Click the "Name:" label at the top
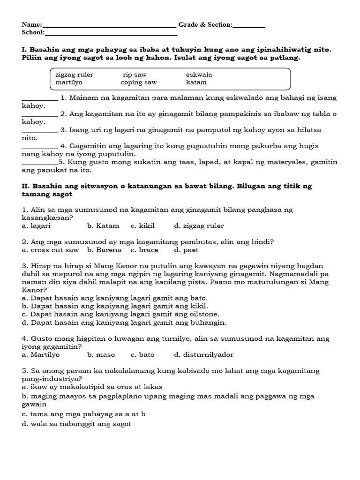point(32,25)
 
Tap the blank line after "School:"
point(111,33)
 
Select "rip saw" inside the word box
point(135,75)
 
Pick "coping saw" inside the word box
point(139,82)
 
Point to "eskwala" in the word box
point(199,75)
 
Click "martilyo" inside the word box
point(69,82)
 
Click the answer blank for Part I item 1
point(40,98)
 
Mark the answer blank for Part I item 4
point(40,146)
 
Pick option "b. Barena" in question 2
point(104,250)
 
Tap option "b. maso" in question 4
point(101,355)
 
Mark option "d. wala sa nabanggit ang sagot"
point(76,424)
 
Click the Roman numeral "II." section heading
point(26,186)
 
